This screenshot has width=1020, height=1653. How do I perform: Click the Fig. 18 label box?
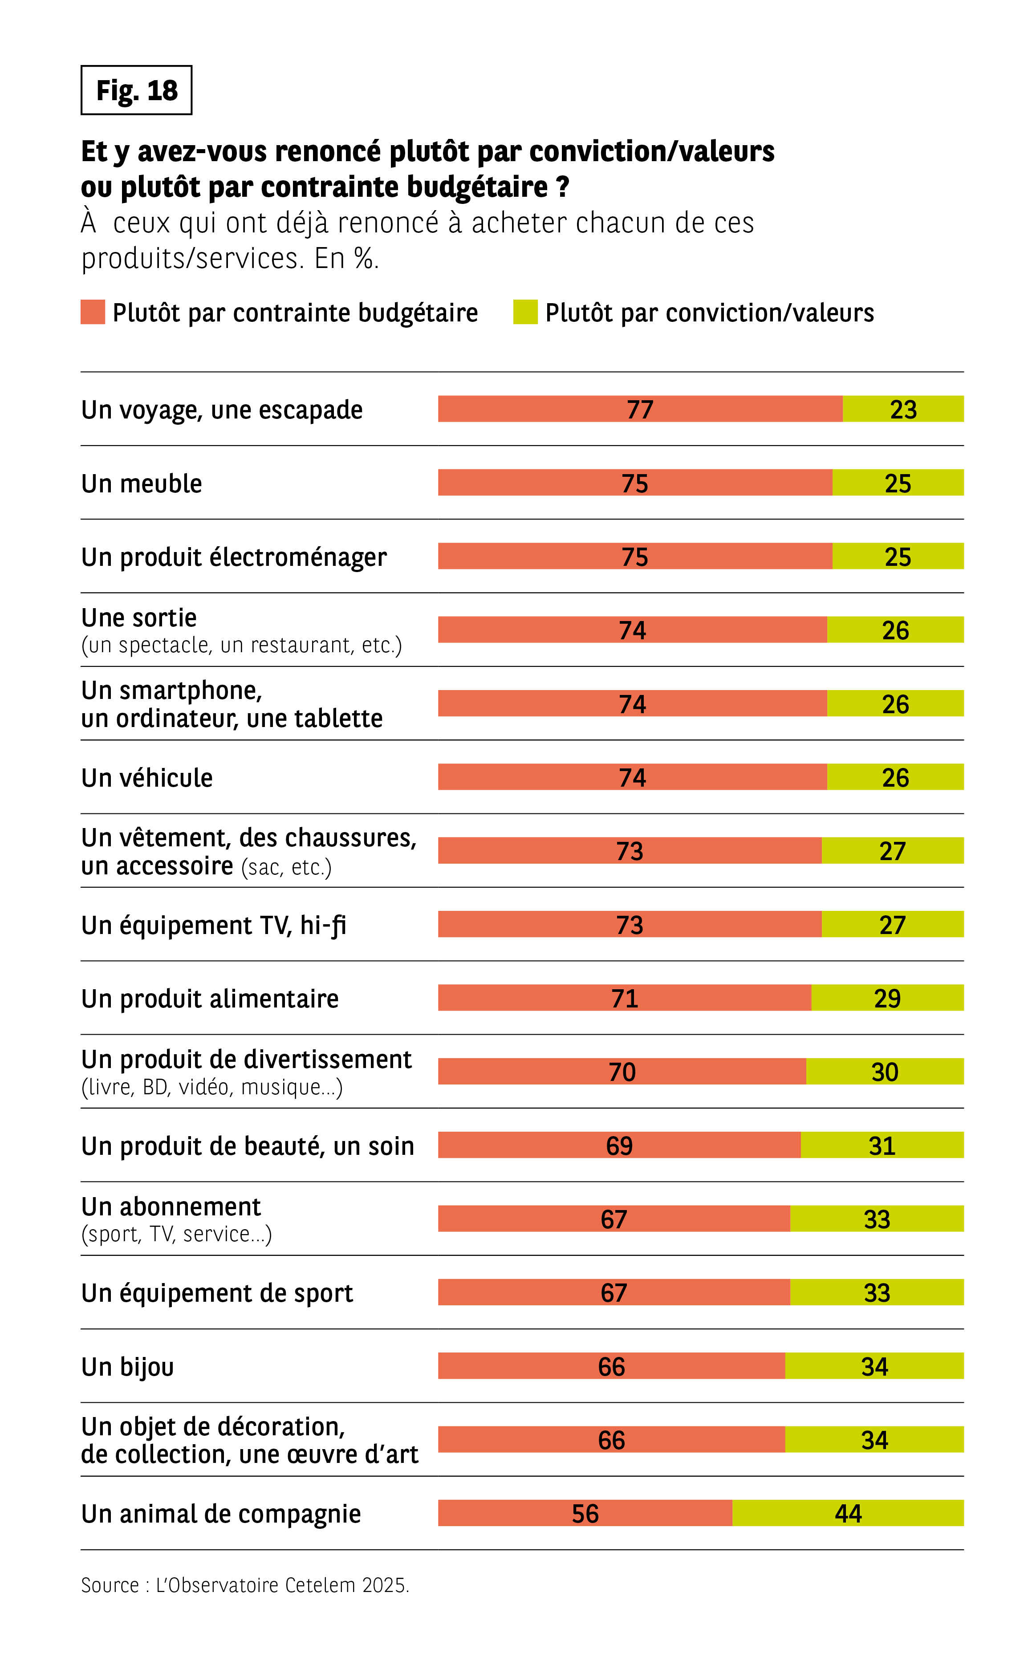click(136, 90)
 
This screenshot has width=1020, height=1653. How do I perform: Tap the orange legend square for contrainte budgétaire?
click(93, 312)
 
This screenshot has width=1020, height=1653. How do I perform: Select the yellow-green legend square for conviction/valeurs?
click(525, 312)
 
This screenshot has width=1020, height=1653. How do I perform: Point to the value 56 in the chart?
click(585, 1513)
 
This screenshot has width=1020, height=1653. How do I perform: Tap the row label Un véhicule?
click(147, 778)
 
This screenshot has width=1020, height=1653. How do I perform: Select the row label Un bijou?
click(127, 1366)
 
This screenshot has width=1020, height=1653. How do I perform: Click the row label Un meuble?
click(142, 483)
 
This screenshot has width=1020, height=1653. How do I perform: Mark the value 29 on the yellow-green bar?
click(887, 998)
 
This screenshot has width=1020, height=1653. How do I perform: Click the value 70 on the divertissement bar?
click(622, 1072)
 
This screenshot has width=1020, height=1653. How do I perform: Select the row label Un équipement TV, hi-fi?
click(213, 925)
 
